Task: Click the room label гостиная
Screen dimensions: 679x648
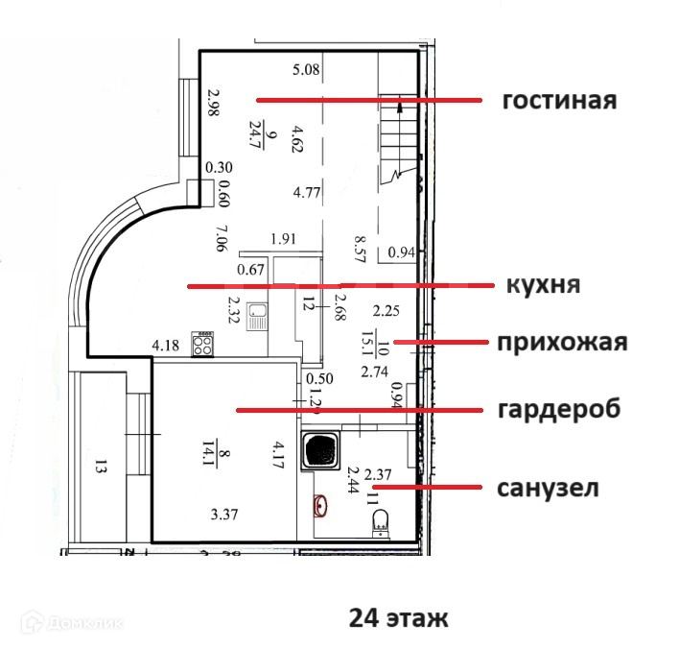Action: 558,101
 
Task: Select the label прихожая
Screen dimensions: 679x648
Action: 562,343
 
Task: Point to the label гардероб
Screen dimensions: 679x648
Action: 559,409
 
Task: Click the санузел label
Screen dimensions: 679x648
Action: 548,488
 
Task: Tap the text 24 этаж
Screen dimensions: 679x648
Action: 398,617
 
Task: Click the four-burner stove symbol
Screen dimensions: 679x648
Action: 204,344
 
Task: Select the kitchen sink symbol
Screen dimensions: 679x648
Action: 257,315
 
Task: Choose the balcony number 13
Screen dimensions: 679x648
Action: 101,468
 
